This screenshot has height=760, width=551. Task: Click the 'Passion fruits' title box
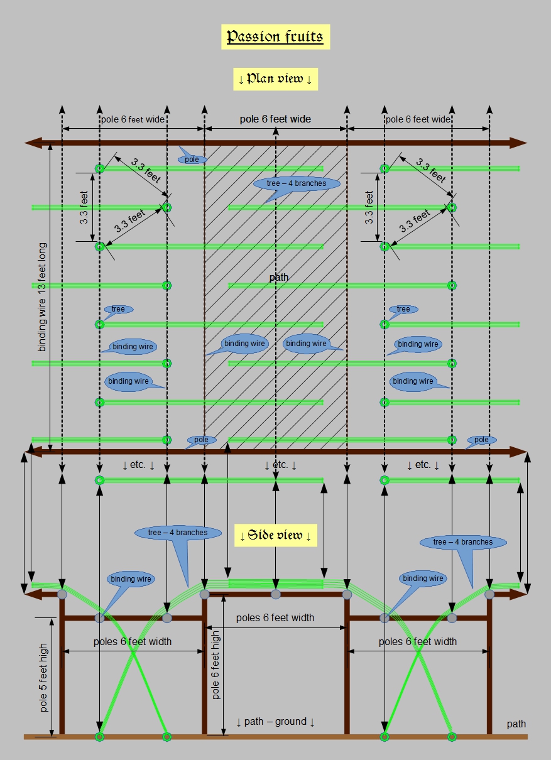coord(275,36)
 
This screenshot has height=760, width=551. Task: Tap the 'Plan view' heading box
coord(275,79)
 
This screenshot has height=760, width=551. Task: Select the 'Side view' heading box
coord(275,535)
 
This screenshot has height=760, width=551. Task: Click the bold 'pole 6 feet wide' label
coord(275,119)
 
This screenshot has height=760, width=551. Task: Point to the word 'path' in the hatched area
coord(278,278)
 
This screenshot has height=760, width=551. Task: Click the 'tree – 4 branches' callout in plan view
coord(296,183)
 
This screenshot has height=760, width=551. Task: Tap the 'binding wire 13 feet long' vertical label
coord(41,297)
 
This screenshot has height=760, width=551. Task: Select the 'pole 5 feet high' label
coord(43,677)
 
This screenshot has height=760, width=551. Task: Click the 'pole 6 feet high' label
coord(215,665)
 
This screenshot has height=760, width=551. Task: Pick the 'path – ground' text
coord(275,721)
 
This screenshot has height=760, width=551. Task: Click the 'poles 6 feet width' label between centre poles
coord(275,617)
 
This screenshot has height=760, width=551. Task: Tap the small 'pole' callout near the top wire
coord(192,159)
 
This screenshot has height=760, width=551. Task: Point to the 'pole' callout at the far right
coord(481,440)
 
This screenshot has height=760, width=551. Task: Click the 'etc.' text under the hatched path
coord(280,465)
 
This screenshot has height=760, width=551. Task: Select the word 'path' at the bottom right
coord(516,724)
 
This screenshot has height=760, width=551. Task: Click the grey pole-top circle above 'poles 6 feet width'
coord(276,594)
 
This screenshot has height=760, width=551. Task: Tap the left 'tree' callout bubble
coord(118,310)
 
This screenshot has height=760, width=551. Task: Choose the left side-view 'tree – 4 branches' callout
coord(178,533)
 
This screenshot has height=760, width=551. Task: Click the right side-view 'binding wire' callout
coord(423,578)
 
